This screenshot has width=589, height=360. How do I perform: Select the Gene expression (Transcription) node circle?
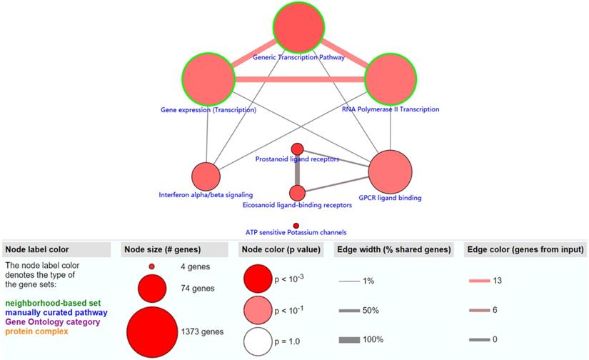208,78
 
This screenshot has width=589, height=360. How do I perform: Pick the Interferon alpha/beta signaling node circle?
206,176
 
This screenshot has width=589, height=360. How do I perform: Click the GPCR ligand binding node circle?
390,172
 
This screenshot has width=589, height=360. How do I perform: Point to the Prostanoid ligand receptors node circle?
297,149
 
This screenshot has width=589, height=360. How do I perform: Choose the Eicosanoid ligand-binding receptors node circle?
297,193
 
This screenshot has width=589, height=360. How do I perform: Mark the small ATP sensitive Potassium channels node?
296,226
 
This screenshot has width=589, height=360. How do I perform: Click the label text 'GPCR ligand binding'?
391,198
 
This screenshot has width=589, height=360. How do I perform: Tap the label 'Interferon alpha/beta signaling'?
205,194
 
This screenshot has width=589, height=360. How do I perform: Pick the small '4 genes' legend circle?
151,266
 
